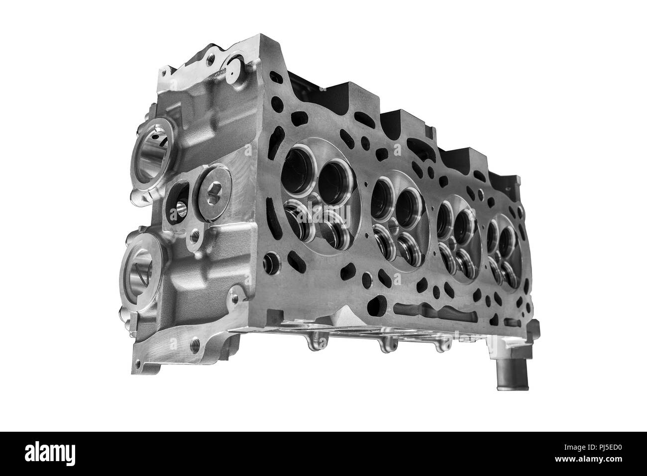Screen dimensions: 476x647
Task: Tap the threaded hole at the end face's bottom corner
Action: coord(194,343)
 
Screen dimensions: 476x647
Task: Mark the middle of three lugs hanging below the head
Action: coord(387,343)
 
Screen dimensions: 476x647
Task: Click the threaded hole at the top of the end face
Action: coord(212,59)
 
